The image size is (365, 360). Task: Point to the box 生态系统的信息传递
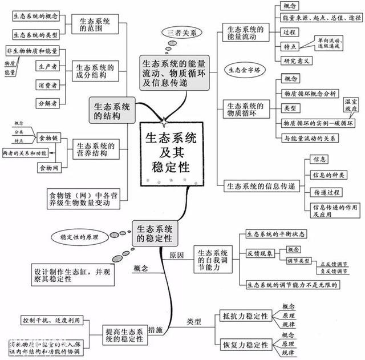coord(261,186)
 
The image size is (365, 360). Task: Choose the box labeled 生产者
coord(48,67)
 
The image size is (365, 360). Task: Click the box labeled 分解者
coord(48,103)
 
